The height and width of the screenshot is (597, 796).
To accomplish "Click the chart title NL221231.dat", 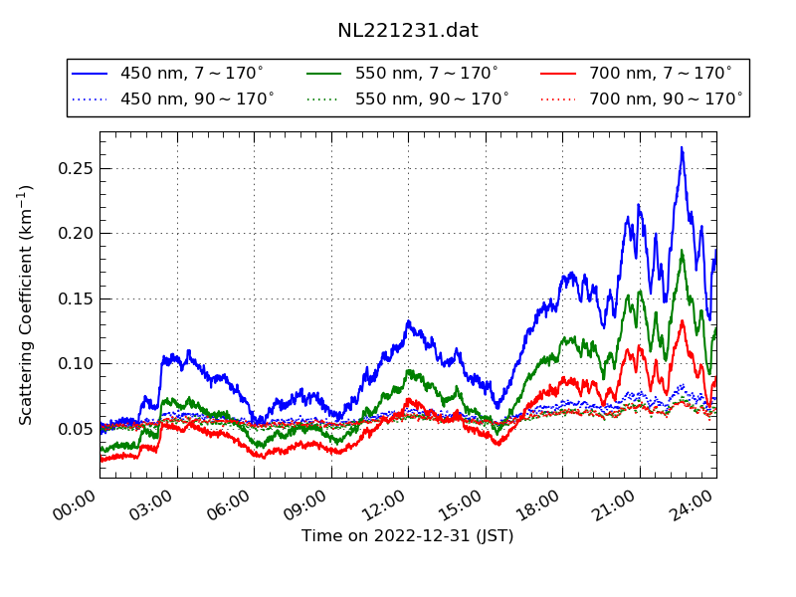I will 408,31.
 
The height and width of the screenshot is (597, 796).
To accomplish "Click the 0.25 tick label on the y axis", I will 74,168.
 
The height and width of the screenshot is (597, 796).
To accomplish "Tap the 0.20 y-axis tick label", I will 74,234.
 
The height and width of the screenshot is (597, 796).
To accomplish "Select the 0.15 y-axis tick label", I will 74,298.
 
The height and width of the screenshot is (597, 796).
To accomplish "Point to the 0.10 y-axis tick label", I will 74,363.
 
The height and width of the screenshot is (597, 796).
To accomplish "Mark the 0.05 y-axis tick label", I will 74,429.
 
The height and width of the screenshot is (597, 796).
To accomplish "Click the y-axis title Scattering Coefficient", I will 27,304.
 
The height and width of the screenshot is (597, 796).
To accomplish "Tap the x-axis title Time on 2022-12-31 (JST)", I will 408,536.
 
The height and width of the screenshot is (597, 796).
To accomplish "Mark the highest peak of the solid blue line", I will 682,148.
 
